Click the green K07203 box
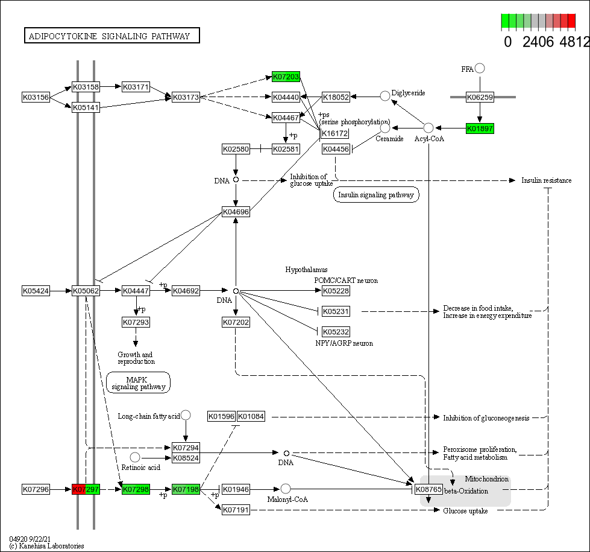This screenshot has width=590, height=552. [x=286, y=77]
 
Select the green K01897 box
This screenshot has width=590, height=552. [x=480, y=128]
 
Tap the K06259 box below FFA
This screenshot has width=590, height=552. [x=480, y=97]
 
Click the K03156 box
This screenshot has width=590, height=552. [x=36, y=97]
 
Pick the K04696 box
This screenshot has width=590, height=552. [x=236, y=212]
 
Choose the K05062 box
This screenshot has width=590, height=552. [x=86, y=291]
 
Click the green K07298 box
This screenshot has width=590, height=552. [x=136, y=489]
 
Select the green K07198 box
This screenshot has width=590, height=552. [x=186, y=489]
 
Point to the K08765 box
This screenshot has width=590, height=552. [x=428, y=489]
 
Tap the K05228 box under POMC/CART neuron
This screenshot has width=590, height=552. [x=336, y=291]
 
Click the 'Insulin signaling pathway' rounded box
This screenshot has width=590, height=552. [x=376, y=195]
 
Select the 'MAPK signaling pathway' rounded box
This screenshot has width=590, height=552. [x=138, y=382]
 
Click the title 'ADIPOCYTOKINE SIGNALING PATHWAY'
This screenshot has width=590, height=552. [x=112, y=36]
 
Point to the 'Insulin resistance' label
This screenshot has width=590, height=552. [x=546, y=180]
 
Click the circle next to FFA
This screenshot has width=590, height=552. [x=480, y=68]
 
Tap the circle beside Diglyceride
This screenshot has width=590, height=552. [x=385, y=95]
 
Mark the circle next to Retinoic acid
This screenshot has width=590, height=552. [x=135, y=457]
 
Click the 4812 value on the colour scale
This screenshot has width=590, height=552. [x=574, y=42]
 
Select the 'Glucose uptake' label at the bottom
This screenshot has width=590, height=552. [x=465, y=511]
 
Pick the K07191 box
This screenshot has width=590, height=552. [x=236, y=510]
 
